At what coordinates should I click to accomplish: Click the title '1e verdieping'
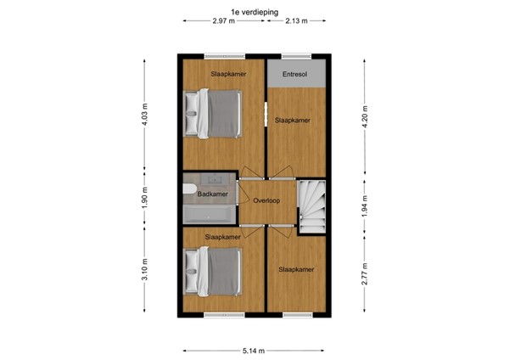[255, 9]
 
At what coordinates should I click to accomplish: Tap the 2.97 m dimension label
[225, 21]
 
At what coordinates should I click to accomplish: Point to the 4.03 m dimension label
[145, 114]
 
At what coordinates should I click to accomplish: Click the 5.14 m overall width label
[254, 350]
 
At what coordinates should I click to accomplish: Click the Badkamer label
[212, 194]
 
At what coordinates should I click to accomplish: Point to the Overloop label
[266, 200]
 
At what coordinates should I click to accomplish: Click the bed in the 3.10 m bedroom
[216, 270]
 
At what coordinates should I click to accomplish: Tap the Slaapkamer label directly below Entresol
[292, 121]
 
